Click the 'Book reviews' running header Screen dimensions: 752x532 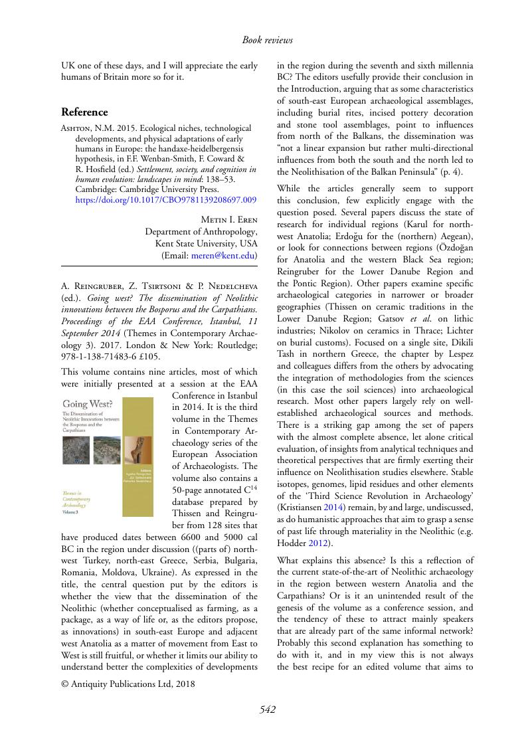267,41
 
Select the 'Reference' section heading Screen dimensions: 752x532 84,112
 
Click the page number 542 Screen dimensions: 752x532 267,709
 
